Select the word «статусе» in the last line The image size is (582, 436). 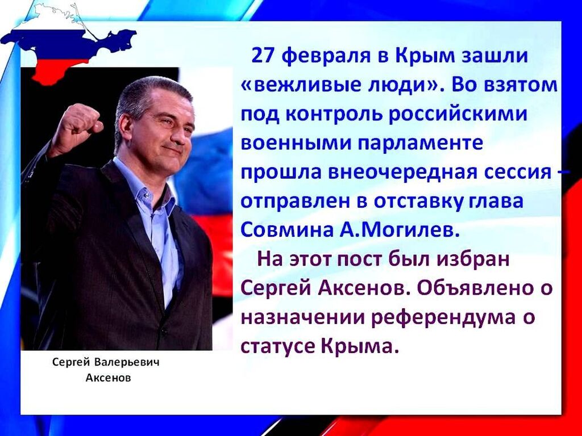[x=278, y=346]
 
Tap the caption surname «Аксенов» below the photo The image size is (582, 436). [x=109, y=378]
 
